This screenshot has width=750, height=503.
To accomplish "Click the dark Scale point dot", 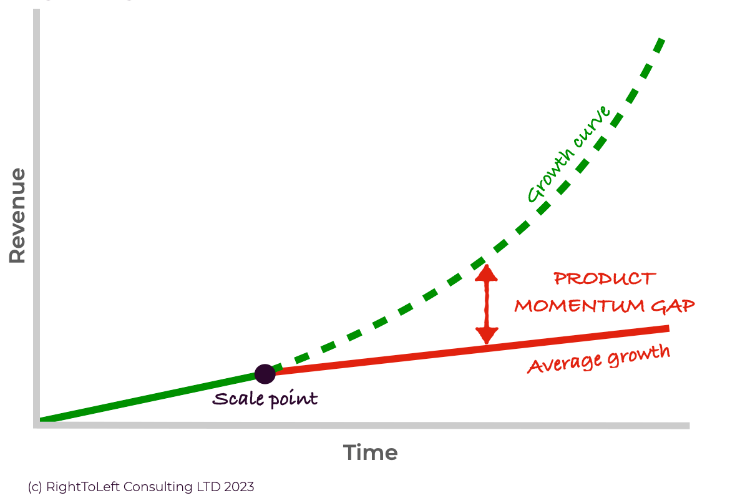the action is click(x=265, y=374).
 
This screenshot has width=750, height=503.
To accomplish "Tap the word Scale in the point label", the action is click(x=238, y=399).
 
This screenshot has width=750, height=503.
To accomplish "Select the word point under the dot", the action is click(x=294, y=399).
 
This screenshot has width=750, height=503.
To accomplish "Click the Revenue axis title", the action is click(x=17, y=215).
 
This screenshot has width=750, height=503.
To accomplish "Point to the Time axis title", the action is click(x=370, y=452).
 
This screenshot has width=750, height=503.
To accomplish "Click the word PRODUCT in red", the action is click(x=605, y=278).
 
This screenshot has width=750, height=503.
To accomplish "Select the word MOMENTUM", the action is click(x=579, y=306).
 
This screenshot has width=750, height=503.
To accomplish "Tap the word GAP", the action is click(x=673, y=306).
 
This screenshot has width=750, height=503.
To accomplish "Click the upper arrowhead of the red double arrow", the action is click(x=487, y=272).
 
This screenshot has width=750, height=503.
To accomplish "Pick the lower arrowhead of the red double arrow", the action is click(x=487, y=336).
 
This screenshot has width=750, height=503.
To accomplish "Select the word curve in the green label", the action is click(x=592, y=127).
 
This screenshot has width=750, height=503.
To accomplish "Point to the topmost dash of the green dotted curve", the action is click(x=659, y=46).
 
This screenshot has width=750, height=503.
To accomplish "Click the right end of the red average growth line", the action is click(x=669, y=328).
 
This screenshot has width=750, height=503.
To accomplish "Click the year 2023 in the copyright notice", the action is click(x=239, y=487).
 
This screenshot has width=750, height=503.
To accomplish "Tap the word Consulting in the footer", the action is click(x=158, y=487).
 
